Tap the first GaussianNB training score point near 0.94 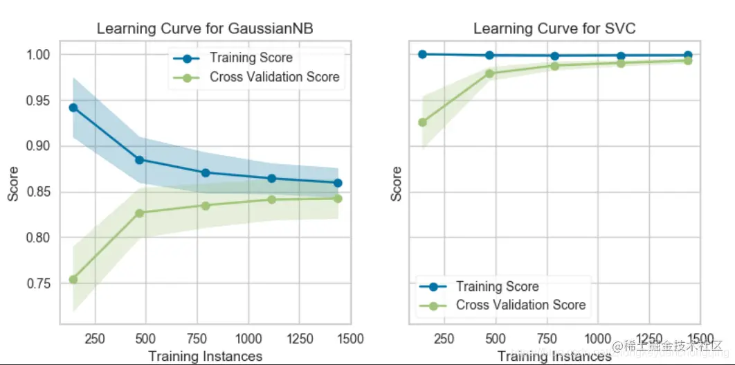(x=73, y=107)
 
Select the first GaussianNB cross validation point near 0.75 (x=73, y=279)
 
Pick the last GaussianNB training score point (x=338, y=183)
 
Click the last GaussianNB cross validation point (x=338, y=198)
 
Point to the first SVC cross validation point (x=423, y=122)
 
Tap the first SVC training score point (x=423, y=54)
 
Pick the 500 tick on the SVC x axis (x=495, y=339)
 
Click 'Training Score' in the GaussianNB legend (x=251, y=58)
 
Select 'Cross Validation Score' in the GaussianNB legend (x=274, y=77)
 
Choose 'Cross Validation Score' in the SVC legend (x=520, y=305)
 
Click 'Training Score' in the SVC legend (x=497, y=286)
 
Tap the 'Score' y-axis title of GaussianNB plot (x=13, y=185)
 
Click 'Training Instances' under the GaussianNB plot (x=206, y=356)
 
